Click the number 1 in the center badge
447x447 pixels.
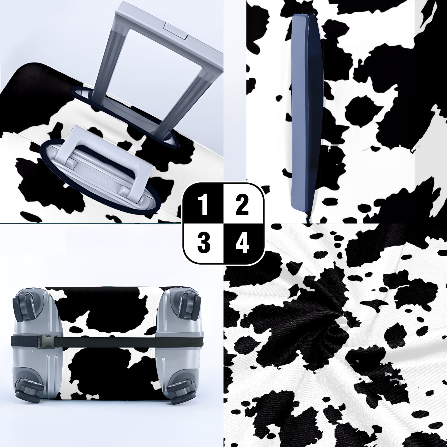click(x=204, y=205)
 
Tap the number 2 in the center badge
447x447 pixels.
click(x=242, y=205)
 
